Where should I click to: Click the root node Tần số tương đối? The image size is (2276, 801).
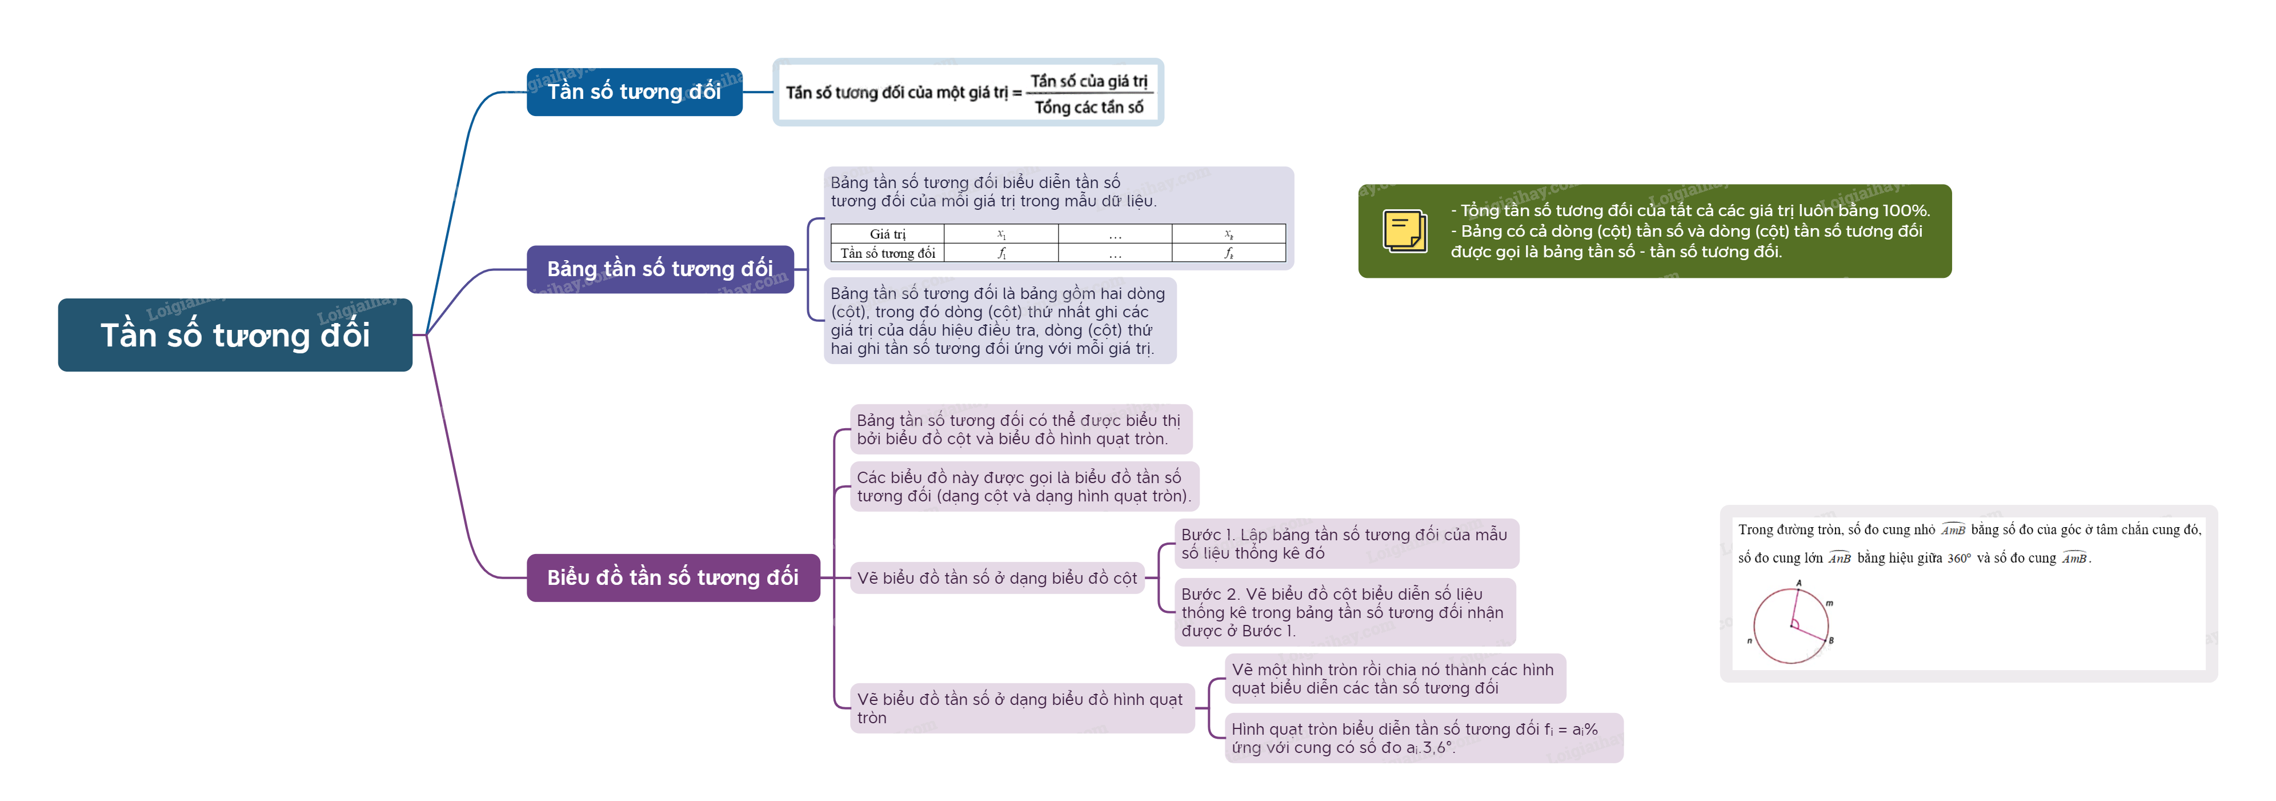coord(235,335)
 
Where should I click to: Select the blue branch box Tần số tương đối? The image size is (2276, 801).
coord(634,92)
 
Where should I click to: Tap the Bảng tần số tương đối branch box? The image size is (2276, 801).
coord(659,269)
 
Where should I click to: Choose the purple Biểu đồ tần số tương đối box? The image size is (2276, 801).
coord(672,577)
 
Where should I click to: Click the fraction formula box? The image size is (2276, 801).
coord(968,93)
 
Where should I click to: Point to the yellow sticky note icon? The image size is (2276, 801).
coord(1404,231)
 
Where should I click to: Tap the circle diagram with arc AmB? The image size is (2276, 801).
coord(1791,625)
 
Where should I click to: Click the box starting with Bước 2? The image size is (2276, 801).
coord(1344,612)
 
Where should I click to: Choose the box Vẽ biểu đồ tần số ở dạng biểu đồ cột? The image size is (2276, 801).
coord(997,578)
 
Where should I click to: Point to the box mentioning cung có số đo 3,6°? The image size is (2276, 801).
coord(1422,738)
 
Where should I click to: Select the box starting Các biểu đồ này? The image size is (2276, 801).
coord(1023,486)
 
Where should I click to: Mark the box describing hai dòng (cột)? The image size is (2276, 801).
coord(999,321)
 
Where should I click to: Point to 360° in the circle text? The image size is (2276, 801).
coord(1959,559)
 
